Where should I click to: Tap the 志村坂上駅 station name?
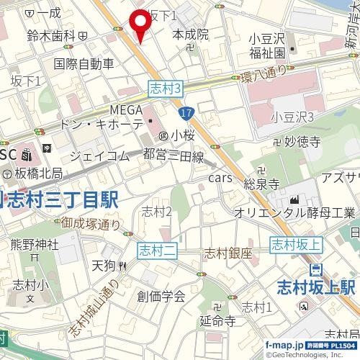(317, 289)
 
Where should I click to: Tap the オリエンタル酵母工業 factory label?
(294, 213)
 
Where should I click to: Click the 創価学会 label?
(161, 295)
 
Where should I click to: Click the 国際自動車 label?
(84, 63)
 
